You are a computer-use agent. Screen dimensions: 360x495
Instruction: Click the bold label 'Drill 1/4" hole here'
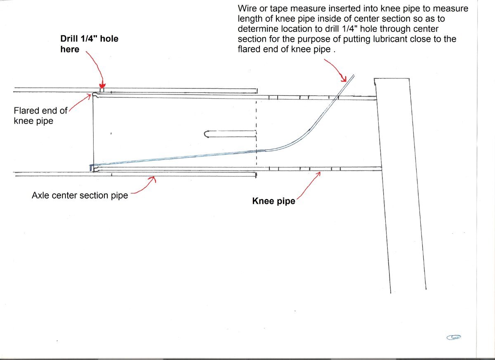tap(89, 44)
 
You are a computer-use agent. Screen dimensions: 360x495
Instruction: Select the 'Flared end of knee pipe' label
tap(40, 116)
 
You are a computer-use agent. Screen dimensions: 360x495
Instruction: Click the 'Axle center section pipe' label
tap(80, 195)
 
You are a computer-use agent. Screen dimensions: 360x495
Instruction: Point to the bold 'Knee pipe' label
tap(273, 201)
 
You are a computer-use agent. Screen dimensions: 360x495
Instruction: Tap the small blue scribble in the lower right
tap(454, 337)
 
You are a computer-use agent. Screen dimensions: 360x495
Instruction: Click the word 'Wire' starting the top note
tap(246, 9)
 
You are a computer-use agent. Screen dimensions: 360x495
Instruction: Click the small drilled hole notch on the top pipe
tap(102, 90)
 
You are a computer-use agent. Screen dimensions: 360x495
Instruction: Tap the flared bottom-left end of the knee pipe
tap(93, 168)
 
